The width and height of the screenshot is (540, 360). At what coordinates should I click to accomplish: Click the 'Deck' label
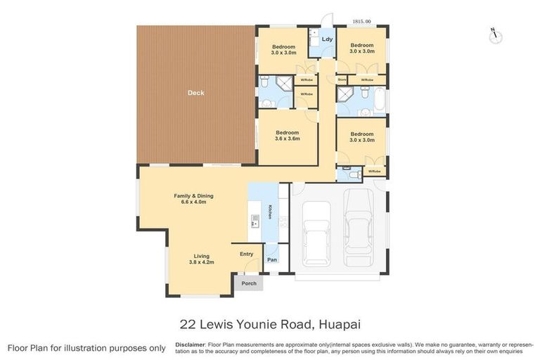195,92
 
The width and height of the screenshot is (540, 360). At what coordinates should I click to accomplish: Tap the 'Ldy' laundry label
327,39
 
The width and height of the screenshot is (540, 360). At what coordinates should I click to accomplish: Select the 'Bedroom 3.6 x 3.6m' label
287,136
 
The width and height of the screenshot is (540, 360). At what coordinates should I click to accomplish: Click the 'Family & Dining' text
193,195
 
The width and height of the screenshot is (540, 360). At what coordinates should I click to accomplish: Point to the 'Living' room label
202,256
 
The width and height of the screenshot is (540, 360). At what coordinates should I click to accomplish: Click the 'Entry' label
247,254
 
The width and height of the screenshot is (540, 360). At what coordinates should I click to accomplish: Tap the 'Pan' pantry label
271,260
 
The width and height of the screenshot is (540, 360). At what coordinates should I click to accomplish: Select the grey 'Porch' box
248,283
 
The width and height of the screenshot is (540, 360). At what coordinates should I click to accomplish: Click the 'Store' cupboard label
342,80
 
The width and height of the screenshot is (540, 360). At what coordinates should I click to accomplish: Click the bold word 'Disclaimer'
190,345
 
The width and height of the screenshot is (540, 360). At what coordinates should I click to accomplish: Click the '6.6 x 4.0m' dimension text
193,202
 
